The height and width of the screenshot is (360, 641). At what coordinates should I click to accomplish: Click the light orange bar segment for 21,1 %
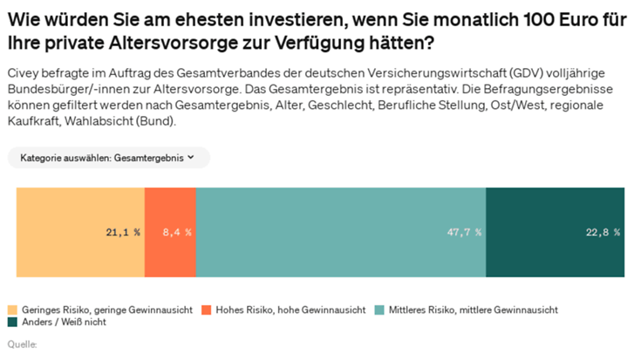point(80,233)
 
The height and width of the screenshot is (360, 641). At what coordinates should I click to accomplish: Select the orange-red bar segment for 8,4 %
point(170,233)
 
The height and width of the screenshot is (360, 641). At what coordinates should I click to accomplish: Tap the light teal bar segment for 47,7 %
point(341,233)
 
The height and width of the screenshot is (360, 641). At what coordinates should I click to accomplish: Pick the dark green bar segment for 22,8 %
point(556,233)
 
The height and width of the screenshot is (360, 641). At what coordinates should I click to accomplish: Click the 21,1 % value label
point(123,233)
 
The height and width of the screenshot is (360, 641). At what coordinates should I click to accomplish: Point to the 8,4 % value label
point(177,233)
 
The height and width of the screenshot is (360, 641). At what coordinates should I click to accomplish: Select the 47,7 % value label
point(464,233)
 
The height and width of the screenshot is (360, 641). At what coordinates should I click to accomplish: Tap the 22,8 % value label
point(603,233)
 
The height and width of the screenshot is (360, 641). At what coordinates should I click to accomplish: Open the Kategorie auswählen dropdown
point(109,158)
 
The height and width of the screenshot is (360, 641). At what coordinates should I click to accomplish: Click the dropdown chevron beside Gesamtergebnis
point(190,157)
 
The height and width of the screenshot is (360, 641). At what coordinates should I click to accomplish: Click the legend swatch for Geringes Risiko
point(13,310)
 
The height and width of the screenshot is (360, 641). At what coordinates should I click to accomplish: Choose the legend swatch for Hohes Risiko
point(207,310)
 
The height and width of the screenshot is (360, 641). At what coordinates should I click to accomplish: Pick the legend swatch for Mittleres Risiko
point(379,310)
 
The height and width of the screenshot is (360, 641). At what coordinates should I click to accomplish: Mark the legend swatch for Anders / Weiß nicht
point(13,322)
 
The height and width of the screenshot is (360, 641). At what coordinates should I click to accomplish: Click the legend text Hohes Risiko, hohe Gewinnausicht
point(290,310)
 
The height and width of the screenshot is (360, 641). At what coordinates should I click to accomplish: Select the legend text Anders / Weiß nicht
point(64,322)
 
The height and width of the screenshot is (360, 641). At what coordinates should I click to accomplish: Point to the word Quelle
point(22,344)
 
